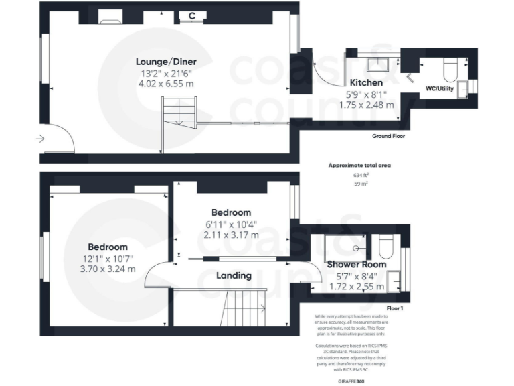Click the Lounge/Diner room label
[x=166, y=62]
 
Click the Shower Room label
[x=357, y=265]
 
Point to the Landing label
[x=234, y=275]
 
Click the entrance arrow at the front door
[x=41, y=139]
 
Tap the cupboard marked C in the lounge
[x=192, y=15]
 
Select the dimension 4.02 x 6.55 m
[x=166, y=84]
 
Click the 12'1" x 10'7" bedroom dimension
[x=108, y=258]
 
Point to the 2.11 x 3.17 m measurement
[x=231, y=235]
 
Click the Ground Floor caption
[x=388, y=136]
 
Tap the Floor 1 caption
[x=395, y=309]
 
